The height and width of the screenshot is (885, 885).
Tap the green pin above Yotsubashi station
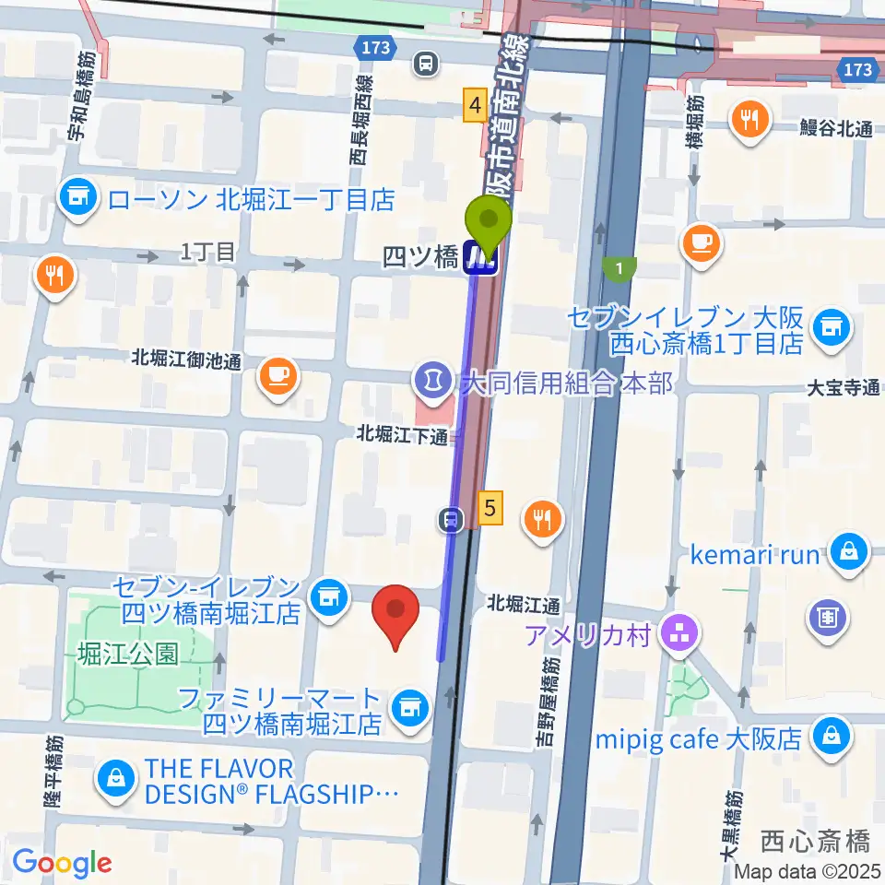(490, 221)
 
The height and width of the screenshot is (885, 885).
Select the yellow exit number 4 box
(475, 106)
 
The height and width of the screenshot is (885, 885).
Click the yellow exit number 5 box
(490, 506)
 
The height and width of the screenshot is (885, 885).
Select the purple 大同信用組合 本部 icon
(430, 377)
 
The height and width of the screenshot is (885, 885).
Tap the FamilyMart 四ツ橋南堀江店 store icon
(408, 707)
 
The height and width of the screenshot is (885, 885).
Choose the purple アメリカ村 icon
(683, 632)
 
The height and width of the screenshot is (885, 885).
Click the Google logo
(61, 862)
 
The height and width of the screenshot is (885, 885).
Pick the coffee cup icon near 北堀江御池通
(277, 375)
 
